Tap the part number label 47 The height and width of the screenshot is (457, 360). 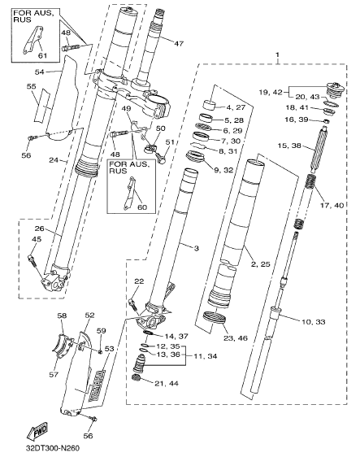coord(178,44)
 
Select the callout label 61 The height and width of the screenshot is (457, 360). coord(43,54)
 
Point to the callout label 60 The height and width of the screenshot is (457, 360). coord(142,207)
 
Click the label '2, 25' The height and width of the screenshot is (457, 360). coord(260,264)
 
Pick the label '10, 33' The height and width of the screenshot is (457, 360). coord(314,322)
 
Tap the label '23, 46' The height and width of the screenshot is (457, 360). coord(236,338)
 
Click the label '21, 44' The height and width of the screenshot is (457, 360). coord(167,383)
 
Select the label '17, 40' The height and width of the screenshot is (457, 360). coord(332,206)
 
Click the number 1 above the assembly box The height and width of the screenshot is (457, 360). coord(278,54)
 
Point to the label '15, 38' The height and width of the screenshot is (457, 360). coord(289,145)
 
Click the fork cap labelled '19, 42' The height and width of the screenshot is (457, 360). coord(336,89)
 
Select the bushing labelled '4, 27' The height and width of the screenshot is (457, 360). coord(210,105)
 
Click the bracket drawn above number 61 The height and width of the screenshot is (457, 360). coord(32,40)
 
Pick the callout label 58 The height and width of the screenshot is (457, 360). coord(62,316)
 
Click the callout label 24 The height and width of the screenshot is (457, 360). coord(54,159)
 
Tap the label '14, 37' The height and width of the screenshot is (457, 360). coord(176,336)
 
